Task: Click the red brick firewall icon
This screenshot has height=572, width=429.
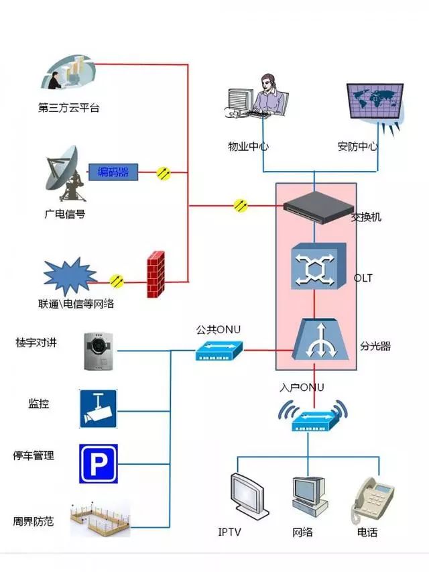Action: coord(156,274)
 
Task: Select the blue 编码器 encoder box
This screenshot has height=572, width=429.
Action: coord(113,172)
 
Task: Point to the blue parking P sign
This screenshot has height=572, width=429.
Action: coord(99,463)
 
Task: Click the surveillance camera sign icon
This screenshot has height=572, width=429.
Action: coord(99,408)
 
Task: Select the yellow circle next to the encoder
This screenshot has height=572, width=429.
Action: coord(164,173)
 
